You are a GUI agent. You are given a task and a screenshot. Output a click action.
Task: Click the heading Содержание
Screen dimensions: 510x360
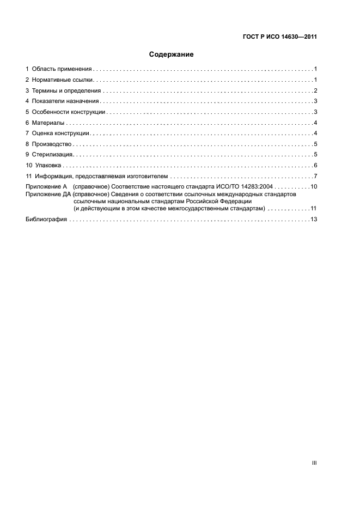[x=172, y=54]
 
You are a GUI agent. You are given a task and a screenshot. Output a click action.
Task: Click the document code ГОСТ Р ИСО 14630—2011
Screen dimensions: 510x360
[x=279, y=38]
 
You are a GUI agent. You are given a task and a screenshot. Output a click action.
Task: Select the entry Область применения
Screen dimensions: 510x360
[x=62, y=69]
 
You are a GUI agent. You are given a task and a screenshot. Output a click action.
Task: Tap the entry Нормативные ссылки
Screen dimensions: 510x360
[x=63, y=80]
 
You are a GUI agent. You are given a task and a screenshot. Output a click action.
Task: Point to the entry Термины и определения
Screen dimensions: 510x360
[x=66, y=90]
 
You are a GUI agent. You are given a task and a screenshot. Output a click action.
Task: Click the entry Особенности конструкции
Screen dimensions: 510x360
[x=69, y=112]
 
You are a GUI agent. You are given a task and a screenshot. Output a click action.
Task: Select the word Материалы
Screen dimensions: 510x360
[x=48, y=123]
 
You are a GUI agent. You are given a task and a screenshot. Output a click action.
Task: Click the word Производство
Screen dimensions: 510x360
[x=52, y=144]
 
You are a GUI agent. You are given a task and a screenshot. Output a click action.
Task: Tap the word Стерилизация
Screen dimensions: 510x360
[x=53, y=155]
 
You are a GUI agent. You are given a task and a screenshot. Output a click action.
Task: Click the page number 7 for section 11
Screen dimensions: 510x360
[x=315, y=176]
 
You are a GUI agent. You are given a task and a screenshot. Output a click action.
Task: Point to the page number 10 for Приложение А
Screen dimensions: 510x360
[x=314, y=187]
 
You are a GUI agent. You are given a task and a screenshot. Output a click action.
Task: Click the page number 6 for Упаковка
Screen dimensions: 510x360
[x=315, y=165]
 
